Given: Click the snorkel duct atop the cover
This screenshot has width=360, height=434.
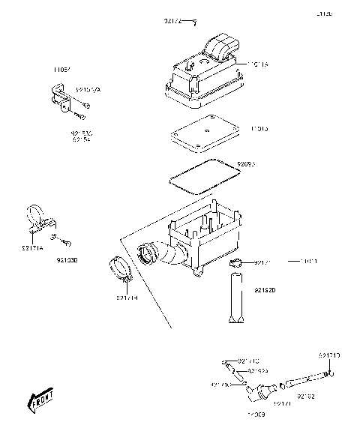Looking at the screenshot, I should point(220,46).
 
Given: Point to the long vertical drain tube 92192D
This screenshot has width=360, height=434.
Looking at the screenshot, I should point(238,299).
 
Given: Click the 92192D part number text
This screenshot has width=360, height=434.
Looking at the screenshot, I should point(265,289).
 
